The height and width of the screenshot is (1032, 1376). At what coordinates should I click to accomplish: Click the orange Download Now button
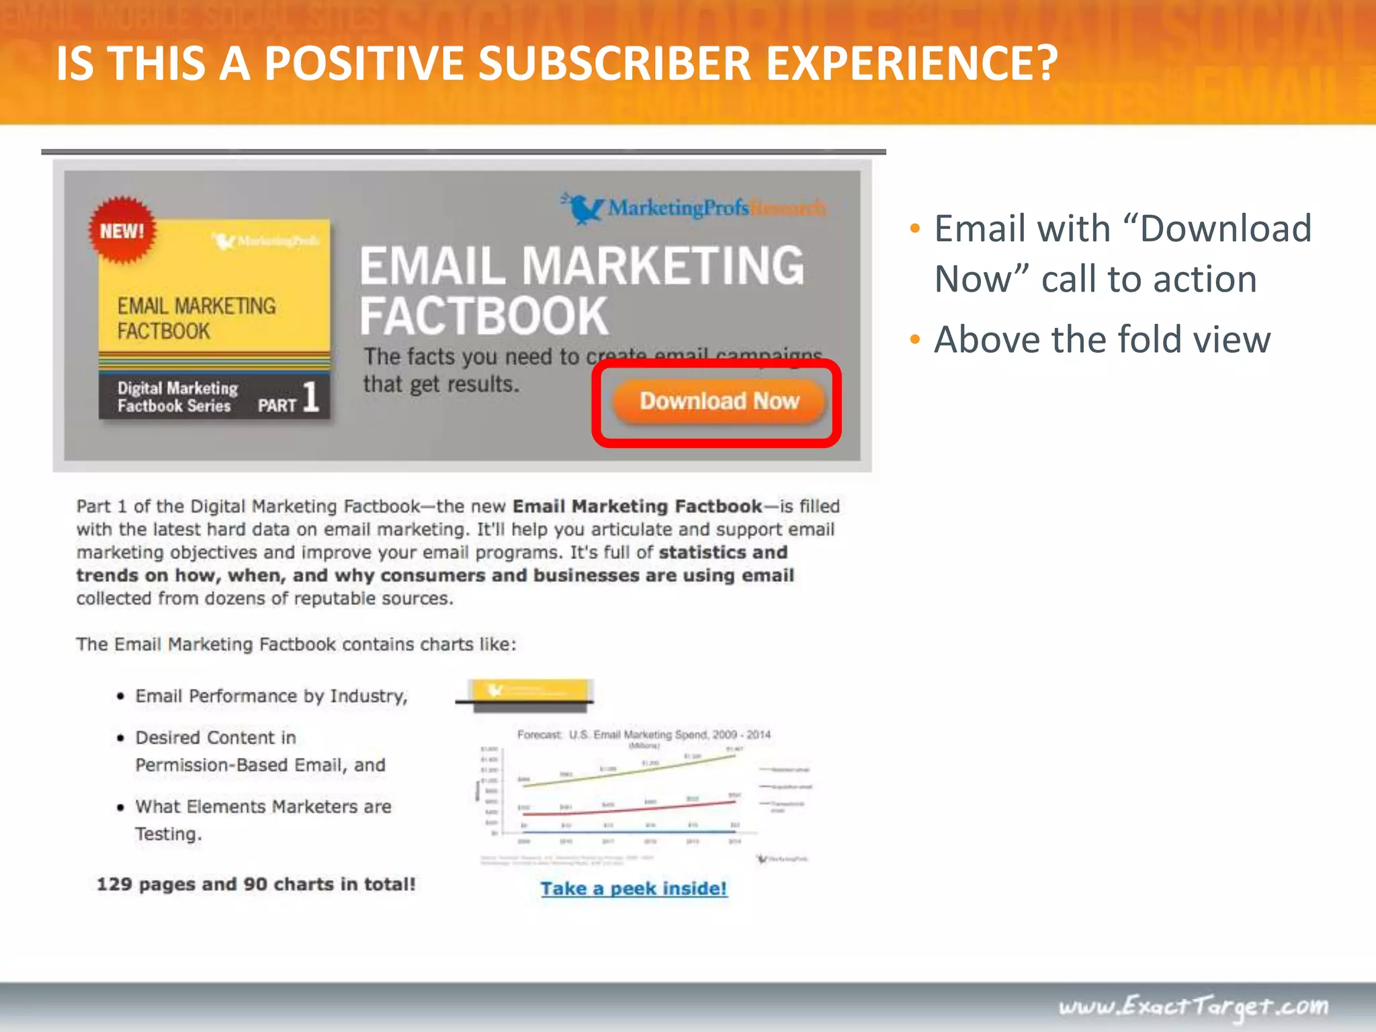point(718,401)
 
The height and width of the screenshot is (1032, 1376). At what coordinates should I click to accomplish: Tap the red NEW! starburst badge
point(122,230)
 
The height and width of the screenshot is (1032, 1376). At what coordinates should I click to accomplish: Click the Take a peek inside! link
point(634,888)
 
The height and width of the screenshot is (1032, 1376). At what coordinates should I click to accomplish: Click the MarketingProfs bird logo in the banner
point(583,208)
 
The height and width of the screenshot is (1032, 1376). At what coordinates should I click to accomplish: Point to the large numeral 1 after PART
point(310,396)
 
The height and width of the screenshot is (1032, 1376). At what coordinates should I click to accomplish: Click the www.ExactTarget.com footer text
point(1193,1006)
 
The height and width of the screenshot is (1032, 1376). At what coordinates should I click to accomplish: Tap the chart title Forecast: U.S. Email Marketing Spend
point(643,734)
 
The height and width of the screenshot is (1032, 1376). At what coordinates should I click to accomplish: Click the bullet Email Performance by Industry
point(271,696)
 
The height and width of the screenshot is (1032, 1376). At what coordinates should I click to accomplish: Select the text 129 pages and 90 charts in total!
point(256,884)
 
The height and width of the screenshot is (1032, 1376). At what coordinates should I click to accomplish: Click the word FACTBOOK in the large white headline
point(484,316)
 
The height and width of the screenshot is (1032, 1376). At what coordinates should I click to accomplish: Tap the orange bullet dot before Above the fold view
point(914,339)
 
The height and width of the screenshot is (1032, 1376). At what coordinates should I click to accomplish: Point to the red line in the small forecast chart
point(625,810)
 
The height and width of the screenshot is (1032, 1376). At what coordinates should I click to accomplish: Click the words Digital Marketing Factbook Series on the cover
point(177,397)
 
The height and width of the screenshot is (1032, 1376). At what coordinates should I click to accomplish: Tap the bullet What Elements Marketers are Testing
point(263,820)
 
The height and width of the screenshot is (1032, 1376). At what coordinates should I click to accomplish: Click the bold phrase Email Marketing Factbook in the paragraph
point(637,506)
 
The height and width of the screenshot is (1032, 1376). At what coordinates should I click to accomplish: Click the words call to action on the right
point(1149,279)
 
